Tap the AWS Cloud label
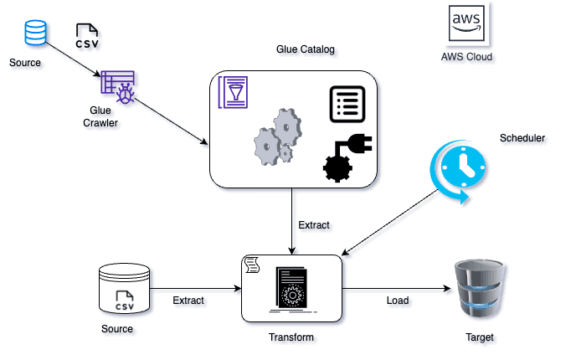[x=466, y=57]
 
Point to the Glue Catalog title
[x=305, y=49]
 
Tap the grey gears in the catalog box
[x=277, y=140]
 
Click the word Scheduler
[x=522, y=137]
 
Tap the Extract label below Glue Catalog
[x=314, y=224]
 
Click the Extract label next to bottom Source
[x=188, y=300]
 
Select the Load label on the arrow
[x=398, y=300]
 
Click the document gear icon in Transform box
[x=291, y=291]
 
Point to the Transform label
[x=291, y=337]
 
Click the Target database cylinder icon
[x=479, y=290]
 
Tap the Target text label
[x=479, y=337]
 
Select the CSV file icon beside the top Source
[x=86, y=35]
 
